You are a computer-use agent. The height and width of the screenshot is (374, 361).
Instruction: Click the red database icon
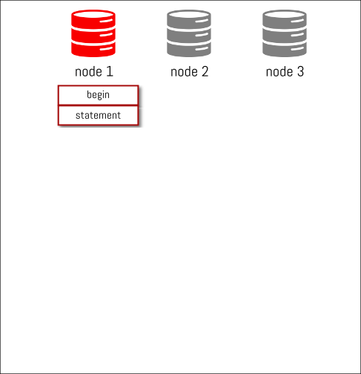pos(93,33)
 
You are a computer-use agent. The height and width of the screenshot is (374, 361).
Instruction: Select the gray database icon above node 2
pos(189,33)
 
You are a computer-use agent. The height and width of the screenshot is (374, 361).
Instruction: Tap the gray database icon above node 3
pos(285,33)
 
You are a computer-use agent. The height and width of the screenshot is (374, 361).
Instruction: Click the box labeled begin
pos(98,95)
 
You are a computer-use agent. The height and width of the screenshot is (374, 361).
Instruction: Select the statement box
pos(98,116)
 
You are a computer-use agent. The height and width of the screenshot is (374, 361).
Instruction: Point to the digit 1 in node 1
pos(110,71)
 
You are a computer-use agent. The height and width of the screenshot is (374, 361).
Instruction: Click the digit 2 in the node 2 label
pos(205,71)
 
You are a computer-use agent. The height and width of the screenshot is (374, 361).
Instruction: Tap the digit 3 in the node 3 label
pos(300,71)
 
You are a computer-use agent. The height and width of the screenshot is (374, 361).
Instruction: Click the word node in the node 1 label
pos(88,72)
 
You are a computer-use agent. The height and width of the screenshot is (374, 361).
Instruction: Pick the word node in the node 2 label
pos(184,72)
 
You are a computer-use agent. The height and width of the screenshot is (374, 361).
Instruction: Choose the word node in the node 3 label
pos(279,72)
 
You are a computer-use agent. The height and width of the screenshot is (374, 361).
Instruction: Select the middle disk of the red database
pos(93,36)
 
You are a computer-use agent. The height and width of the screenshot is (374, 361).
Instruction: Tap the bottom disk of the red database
pos(93,50)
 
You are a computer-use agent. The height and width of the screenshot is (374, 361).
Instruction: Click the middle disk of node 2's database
pos(189,36)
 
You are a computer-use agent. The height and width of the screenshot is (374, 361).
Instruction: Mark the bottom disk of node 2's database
pos(189,50)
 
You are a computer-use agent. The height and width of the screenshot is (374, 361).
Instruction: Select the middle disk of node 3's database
pos(285,36)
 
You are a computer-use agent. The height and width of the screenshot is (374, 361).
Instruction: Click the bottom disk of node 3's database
pos(285,50)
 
